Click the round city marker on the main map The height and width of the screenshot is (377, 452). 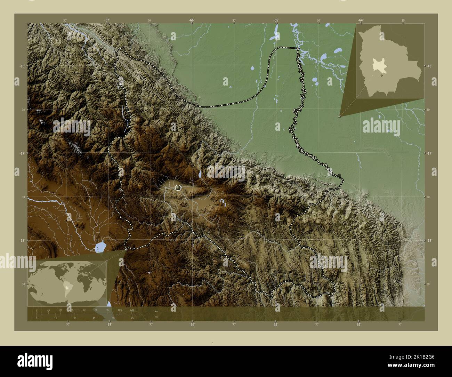pyautogui.click(x=178, y=188)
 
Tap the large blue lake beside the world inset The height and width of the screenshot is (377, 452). pyautogui.click(x=100, y=247)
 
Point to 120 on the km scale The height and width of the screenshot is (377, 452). pyautogui.click(x=131, y=310)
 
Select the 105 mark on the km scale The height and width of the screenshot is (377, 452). pyautogui.click(x=120, y=310)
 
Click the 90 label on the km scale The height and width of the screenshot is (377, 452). pyautogui.click(x=108, y=310)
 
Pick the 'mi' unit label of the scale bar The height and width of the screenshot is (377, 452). pyautogui.click(x=156, y=317)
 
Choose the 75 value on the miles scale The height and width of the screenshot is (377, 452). pyautogui.click(x=132, y=318)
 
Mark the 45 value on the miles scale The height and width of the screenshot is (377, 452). pyautogui.click(x=94, y=318)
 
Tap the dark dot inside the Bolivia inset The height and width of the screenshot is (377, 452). pyautogui.click(x=382, y=75)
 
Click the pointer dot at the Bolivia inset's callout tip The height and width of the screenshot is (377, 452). pyautogui.click(x=339, y=117)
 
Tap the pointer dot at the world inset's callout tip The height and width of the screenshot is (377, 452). pyautogui.click(x=126, y=249)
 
